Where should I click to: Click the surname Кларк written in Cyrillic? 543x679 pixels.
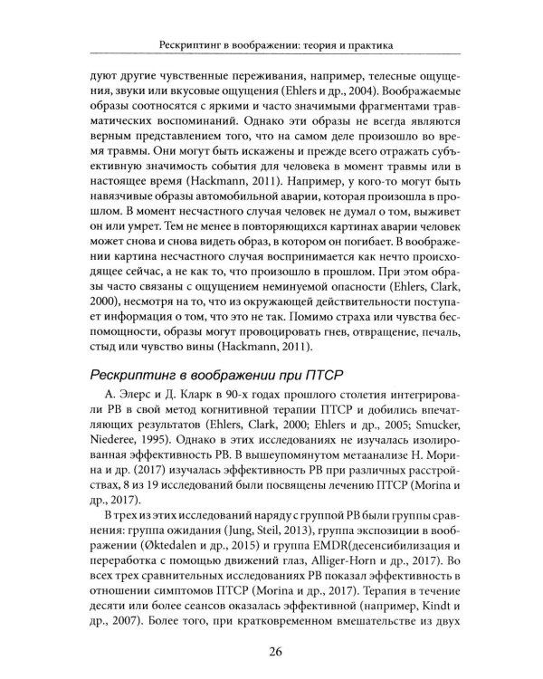point(167,402)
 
